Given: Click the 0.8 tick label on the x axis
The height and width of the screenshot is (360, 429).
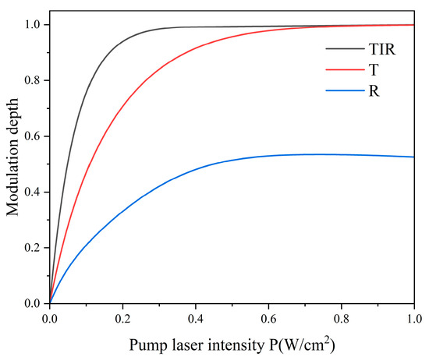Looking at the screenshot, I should (x=342, y=318).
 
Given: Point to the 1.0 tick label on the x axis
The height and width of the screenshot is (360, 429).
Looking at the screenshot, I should (x=414, y=318).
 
